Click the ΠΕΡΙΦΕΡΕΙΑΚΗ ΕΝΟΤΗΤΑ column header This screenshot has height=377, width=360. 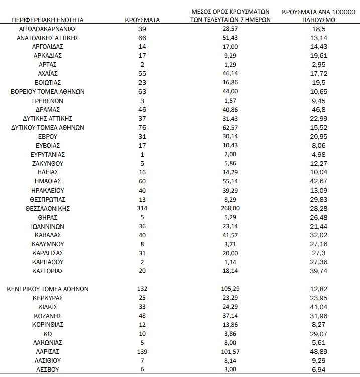click(x=48, y=20)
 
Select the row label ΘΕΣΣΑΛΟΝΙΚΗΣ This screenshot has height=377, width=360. click(x=48, y=208)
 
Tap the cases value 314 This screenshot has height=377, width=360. click(x=142, y=208)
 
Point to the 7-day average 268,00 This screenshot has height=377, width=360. click(x=231, y=208)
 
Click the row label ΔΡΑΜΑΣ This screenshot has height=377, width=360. click(x=48, y=109)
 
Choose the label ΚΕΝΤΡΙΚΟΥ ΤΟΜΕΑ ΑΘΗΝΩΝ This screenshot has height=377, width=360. click(x=48, y=289)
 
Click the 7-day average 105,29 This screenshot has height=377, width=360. click(x=231, y=289)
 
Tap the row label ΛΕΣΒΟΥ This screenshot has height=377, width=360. click(x=48, y=370)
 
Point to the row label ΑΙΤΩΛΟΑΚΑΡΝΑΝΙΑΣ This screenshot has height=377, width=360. click(x=48, y=29)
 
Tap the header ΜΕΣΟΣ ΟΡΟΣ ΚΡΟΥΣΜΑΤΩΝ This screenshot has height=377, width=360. click(x=231, y=11)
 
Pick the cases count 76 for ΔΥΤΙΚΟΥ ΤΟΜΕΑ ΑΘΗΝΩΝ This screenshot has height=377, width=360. click(x=142, y=127)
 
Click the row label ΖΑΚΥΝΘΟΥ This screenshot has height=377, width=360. click(x=48, y=163)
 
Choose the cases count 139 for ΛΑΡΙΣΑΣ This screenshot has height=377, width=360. click(x=142, y=352)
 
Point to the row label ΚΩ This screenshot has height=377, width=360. click(x=48, y=334)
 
